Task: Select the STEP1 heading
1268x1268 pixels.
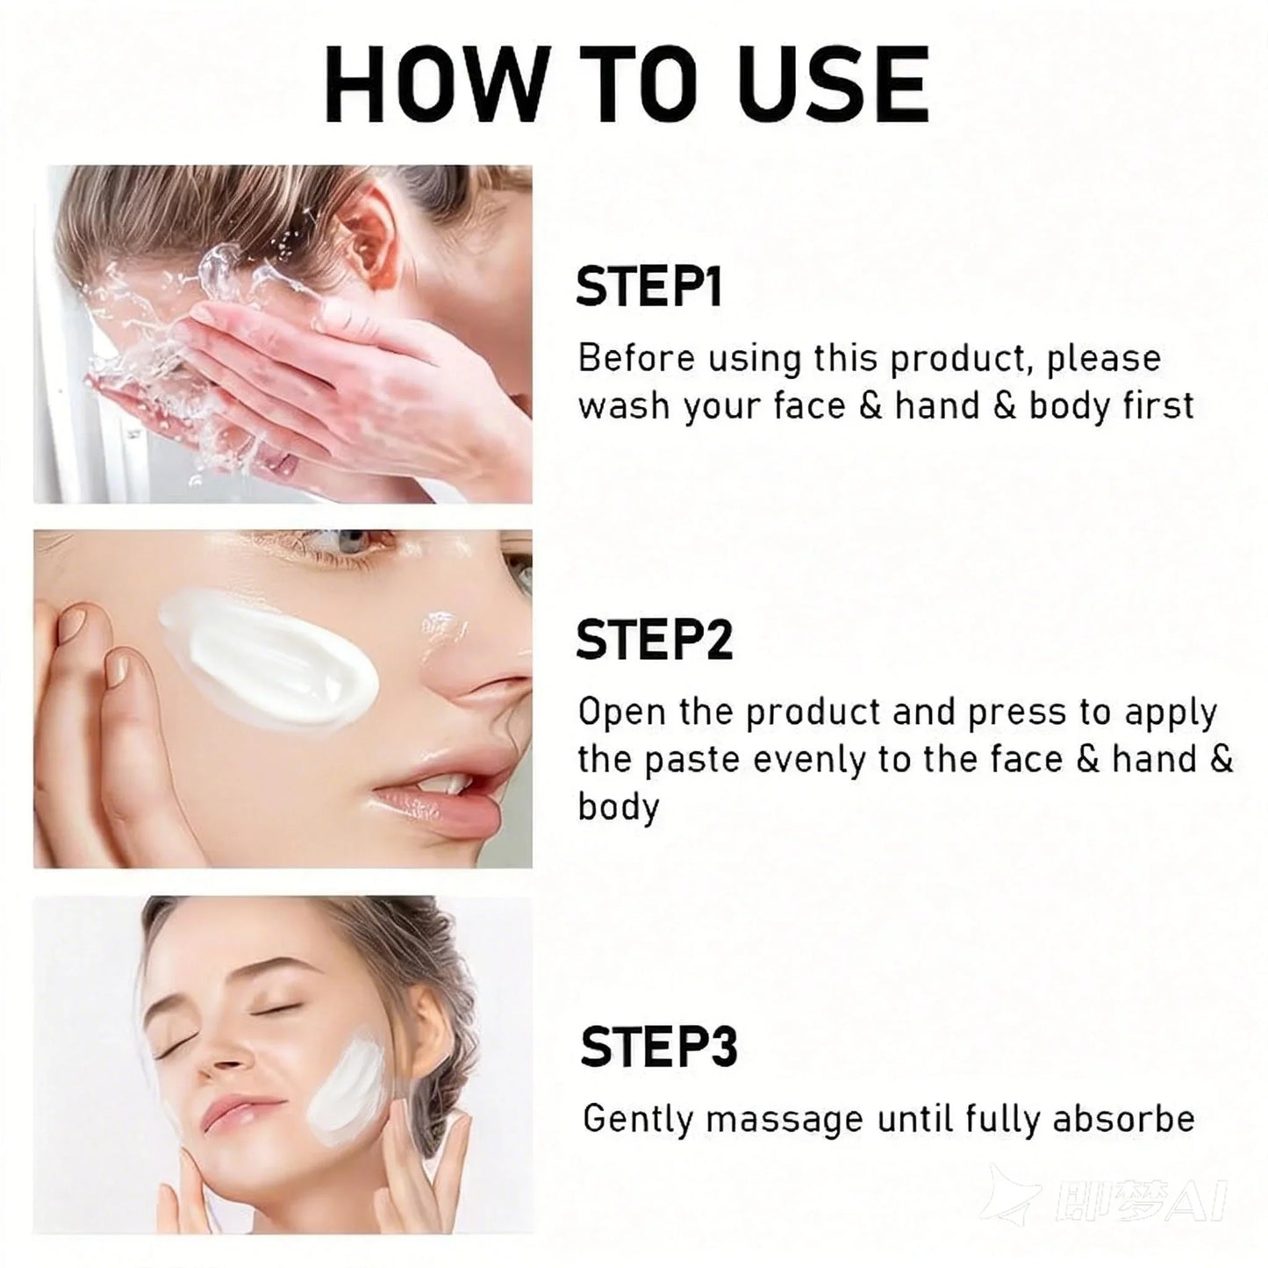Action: click(x=648, y=287)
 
